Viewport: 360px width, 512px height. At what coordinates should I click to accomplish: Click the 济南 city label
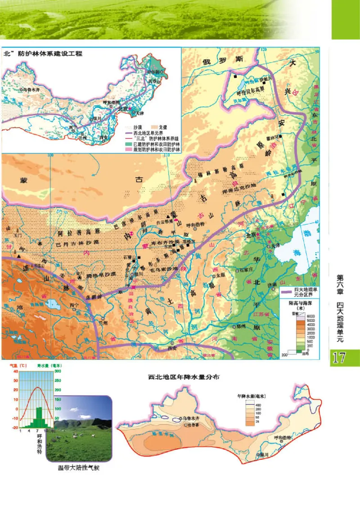coord(273,285)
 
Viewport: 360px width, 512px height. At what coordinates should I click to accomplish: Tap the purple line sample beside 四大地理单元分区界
coord(286,293)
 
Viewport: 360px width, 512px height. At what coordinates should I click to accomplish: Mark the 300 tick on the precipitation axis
coord(58,372)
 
